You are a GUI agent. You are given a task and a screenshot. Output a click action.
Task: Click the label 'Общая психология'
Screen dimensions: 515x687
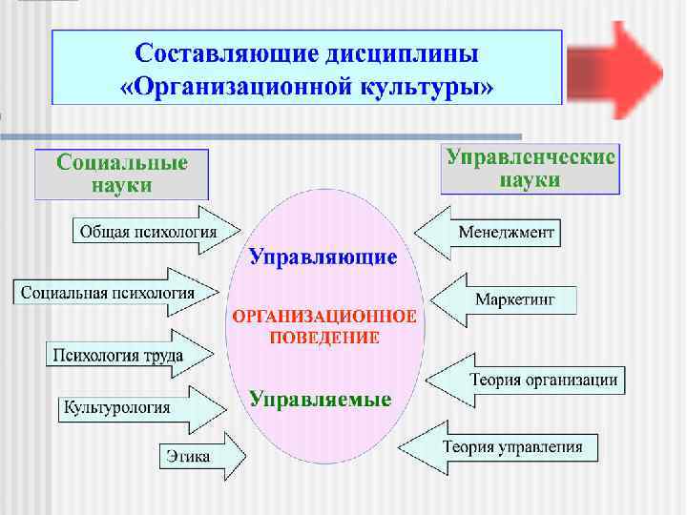point(147,231)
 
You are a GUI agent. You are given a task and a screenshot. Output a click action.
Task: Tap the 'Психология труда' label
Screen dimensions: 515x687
point(117,356)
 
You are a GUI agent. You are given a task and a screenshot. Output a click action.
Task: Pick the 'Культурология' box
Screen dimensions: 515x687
point(116,407)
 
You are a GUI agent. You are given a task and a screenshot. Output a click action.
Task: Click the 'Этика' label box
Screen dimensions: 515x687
point(188,456)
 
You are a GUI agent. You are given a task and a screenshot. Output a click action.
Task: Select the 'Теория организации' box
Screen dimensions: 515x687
point(543,380)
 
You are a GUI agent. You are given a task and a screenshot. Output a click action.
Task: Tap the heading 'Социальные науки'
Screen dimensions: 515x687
point(121,173)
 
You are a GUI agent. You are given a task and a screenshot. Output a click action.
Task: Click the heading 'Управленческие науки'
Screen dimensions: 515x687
point(531,167)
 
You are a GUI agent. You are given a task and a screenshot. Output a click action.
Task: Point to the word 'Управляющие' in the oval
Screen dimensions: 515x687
point(323,257)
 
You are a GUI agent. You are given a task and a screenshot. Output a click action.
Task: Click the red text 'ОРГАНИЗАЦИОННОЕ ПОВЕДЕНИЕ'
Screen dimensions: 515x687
point(321,327)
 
